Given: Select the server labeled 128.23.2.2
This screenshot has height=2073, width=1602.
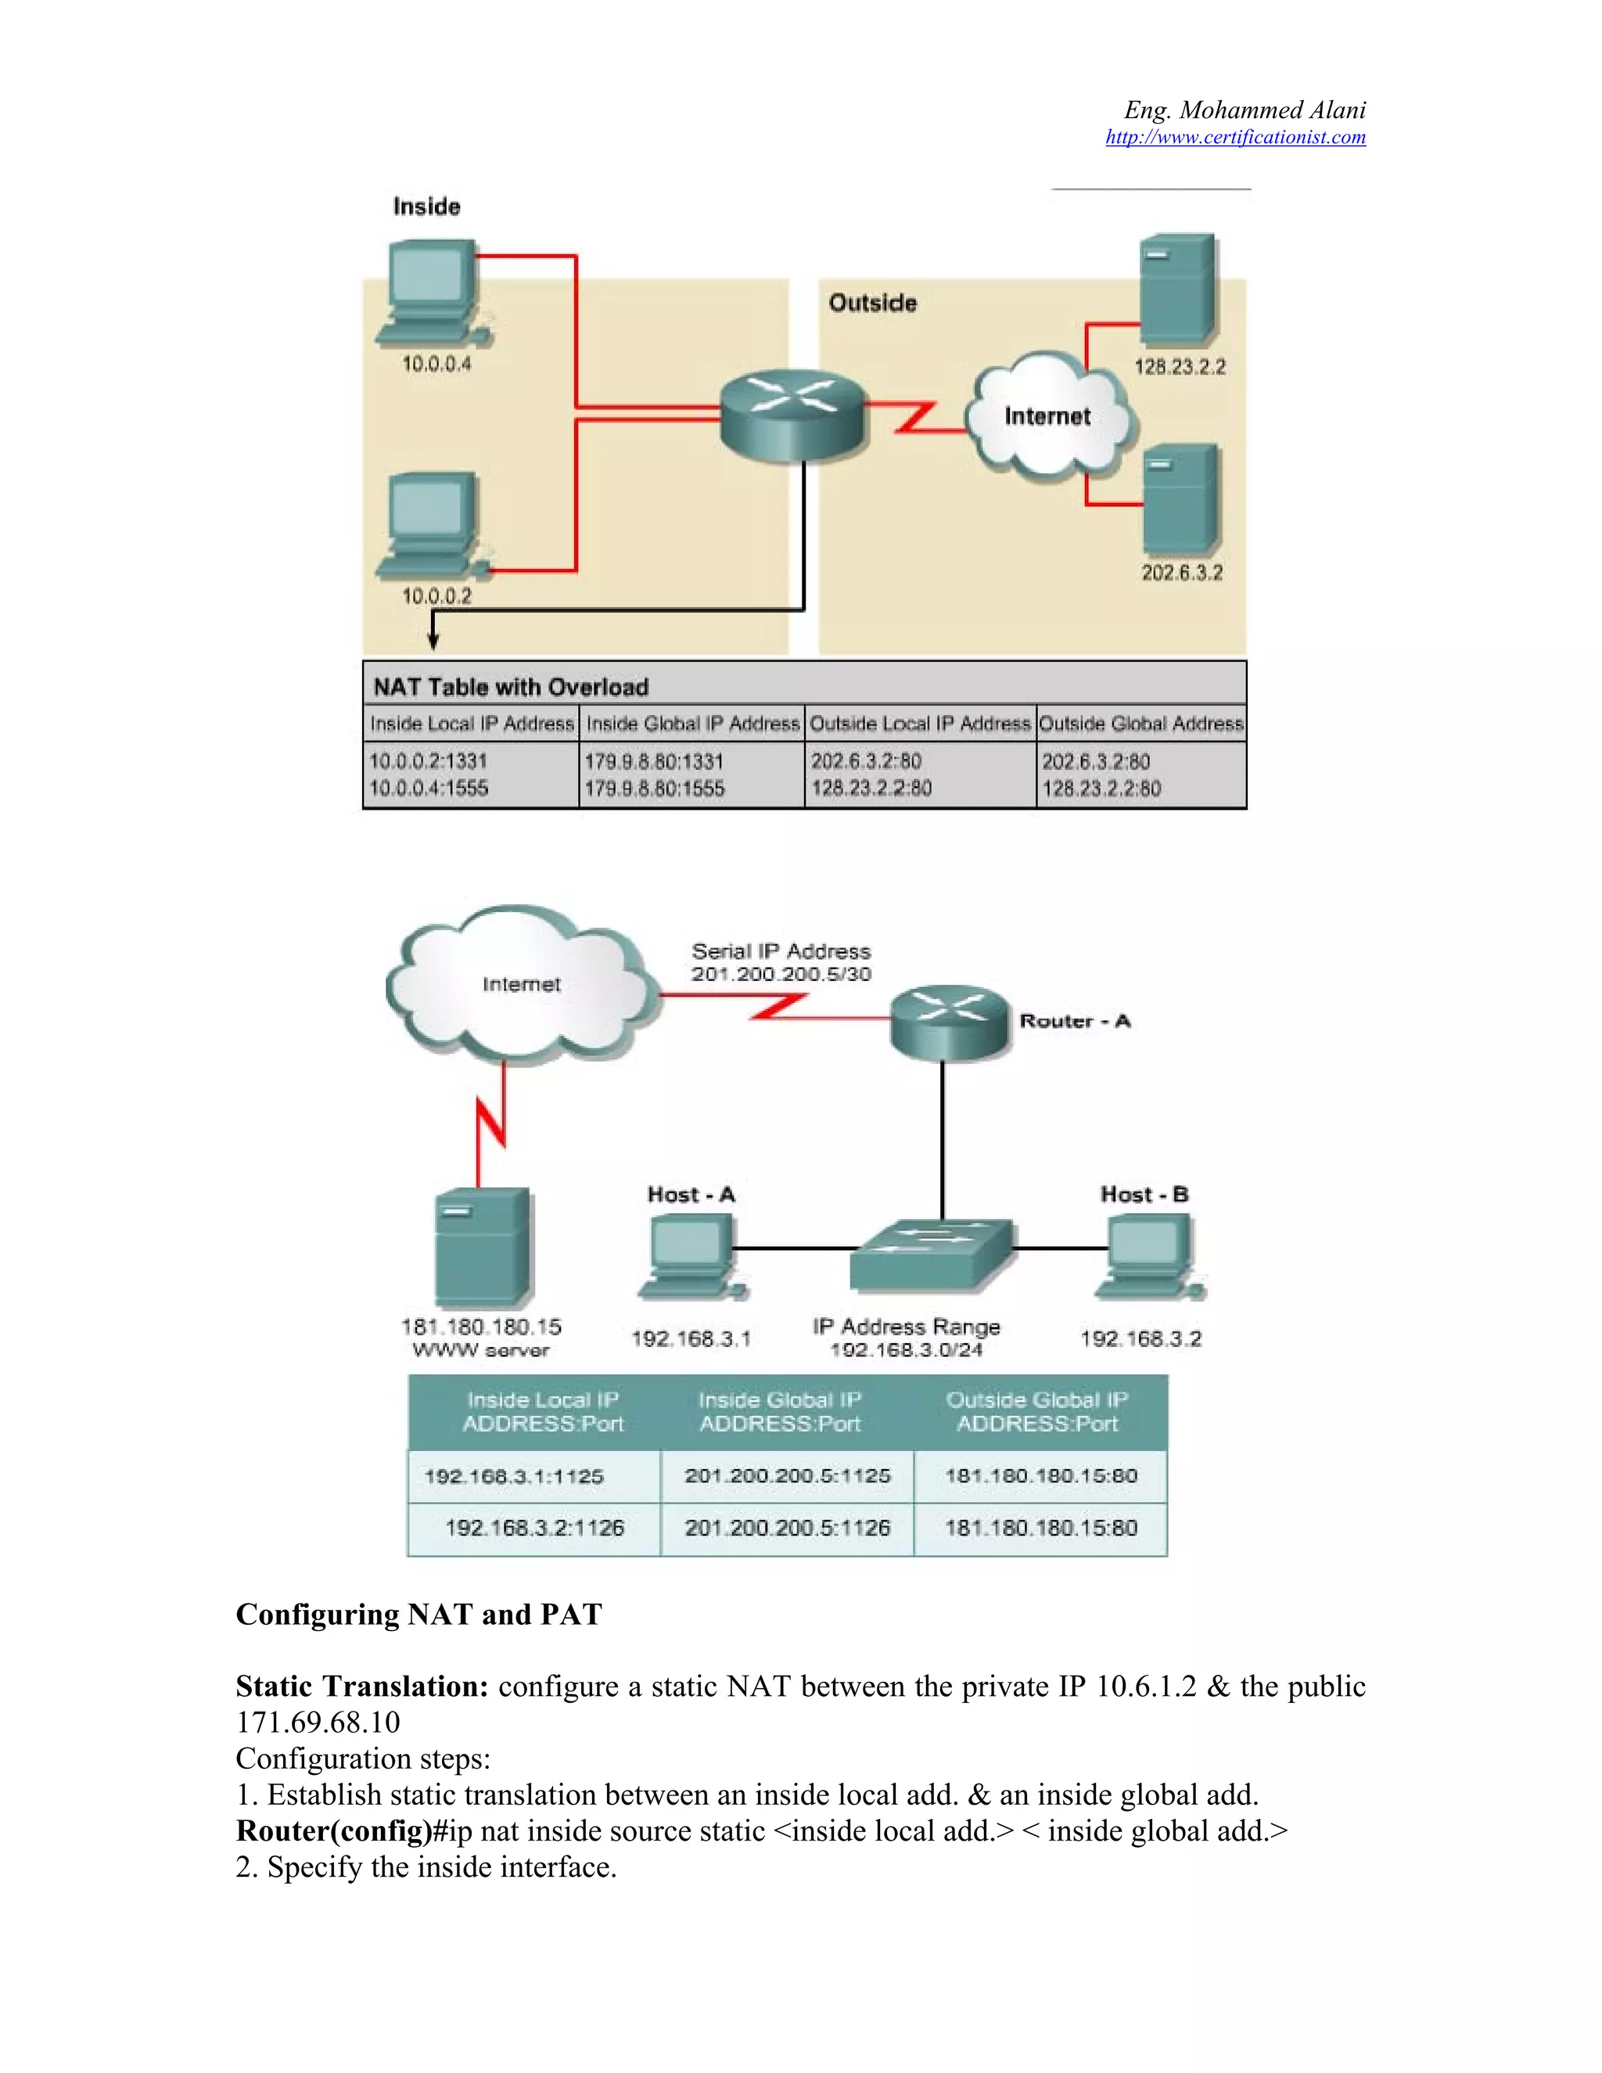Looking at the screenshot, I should tap(1176, 289).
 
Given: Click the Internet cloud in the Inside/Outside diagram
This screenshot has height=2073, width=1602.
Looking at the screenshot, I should tap(1047, 415).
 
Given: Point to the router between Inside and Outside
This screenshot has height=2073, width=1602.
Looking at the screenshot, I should tap(793, 414).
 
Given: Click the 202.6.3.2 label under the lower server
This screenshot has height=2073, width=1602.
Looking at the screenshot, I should tap(1182, 573).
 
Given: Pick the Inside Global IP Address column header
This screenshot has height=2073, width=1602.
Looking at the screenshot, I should tap(691, 724).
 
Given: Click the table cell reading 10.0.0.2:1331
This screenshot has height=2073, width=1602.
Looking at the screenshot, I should tap(428, 761).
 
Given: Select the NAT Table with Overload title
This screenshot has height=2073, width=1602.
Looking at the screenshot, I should tap(511, 686).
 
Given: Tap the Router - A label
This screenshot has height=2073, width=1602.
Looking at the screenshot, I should tap(1074, 1022).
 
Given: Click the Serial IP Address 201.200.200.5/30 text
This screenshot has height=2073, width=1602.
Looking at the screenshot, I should tap(780, 962).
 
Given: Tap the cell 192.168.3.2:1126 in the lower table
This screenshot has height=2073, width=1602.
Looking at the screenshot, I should tap(534, 1527).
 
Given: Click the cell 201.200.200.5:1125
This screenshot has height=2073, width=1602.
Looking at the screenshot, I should tap(787, 1475).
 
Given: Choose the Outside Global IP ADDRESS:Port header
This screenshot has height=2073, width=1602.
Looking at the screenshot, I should tap(1037, 1411).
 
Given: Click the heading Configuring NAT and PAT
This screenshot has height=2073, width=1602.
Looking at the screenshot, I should tap(418, 1615).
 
